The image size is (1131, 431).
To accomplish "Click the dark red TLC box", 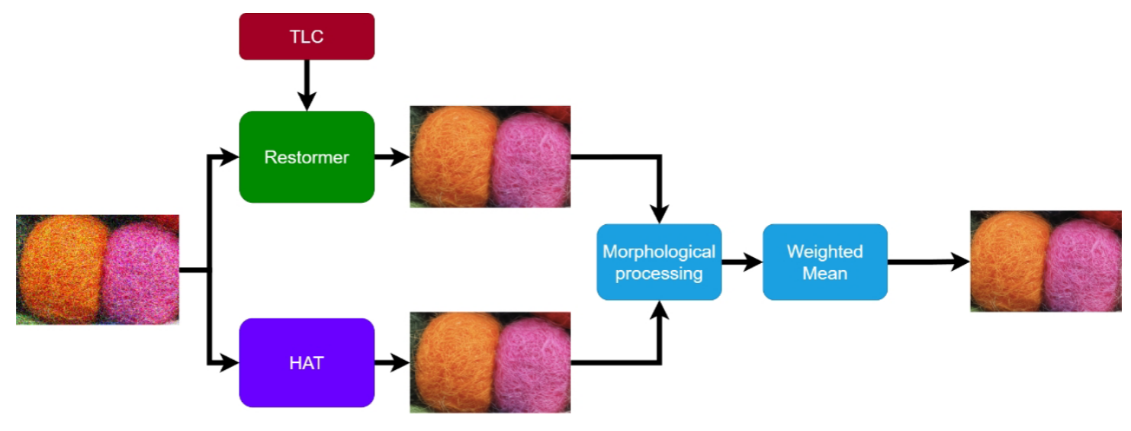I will (x=307, y=37).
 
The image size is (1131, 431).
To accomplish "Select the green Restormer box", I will (x=307, y=157).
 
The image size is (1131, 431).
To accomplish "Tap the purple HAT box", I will (x=307, y=362).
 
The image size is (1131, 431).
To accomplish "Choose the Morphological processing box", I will (x=659, y=262).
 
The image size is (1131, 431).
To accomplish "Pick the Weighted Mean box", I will (x=824, y=262).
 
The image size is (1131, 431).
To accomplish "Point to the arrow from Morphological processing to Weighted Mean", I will (x=741, y=262).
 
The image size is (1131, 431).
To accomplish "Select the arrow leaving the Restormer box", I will (x=391, y=157).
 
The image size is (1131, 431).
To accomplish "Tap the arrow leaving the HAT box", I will (x=391, y=362).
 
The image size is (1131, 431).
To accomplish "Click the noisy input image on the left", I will (x=98, y=269).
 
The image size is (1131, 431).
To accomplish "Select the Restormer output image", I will (x=490, y=156).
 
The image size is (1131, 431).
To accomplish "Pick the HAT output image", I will (x=490, y=362).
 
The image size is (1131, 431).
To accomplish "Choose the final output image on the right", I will (x=1046, y=261).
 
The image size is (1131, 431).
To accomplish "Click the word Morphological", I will (x=659, y=252).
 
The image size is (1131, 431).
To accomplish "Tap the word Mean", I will (x=824, y=272).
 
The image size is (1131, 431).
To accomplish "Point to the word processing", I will (x=659, y=273).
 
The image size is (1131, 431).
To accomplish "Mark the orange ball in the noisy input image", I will (x=61, y=267).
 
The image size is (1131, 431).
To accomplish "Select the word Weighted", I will (x=824, y=252).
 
